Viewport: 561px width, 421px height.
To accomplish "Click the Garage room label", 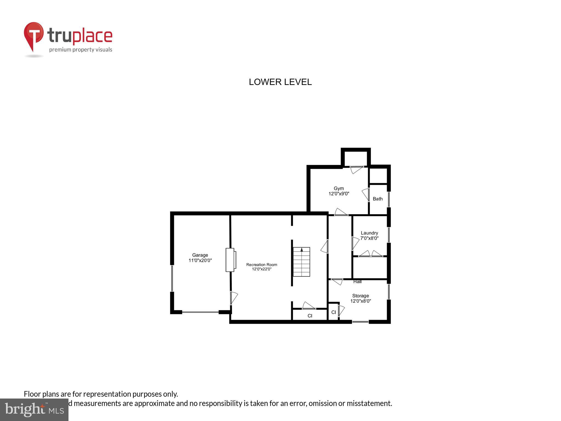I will pos(200,255).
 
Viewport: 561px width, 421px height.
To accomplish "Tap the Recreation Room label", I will pos(262,264).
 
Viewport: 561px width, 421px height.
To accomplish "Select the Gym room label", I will pos(339,188).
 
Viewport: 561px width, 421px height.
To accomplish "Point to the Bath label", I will pos(377,199).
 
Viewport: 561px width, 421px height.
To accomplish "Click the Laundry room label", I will pos(369,233).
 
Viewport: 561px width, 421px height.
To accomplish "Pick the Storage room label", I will pos(360,296).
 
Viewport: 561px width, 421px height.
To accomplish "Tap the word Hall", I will pos(357,281).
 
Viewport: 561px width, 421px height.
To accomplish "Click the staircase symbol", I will pos(301,262).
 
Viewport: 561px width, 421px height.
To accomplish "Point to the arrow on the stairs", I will pos(302,250).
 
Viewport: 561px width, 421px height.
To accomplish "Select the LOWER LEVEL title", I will pos(280,82).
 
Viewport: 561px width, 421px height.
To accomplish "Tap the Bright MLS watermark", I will pos(34,409).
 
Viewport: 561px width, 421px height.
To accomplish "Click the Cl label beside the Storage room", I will pos(333,312).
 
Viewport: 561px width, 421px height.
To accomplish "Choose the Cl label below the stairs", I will pos(310,316).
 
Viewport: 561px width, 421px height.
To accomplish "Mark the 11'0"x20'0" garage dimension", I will pos(200,260).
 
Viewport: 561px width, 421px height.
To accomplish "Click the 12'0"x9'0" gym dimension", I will pos(339,194).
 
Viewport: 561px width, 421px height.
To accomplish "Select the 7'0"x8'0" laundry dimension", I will pos(369,238).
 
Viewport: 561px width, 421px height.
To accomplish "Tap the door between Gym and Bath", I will pos(366,195).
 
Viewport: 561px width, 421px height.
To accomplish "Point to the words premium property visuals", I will pos(81,50).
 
